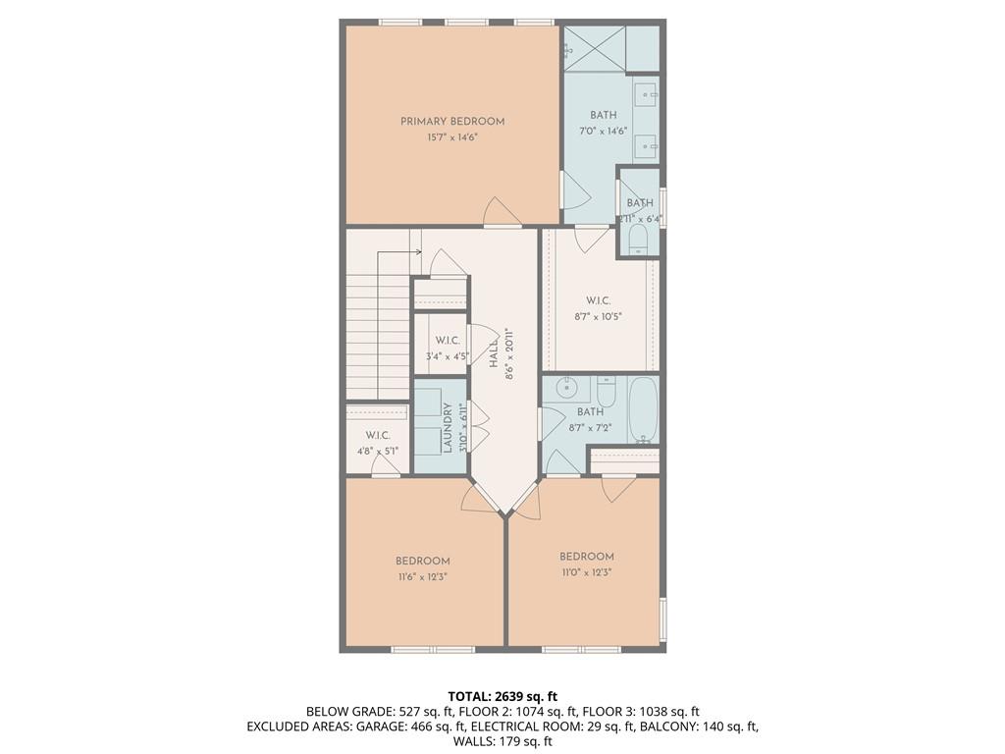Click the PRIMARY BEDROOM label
[452, 121]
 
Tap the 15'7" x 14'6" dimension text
[452, 137]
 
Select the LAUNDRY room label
[448, 428]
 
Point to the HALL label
[495, 353]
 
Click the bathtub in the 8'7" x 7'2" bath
[643, 409]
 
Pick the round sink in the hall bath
[566, 387]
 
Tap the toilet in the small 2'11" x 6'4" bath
[639, 242]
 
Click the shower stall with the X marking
[594, 49]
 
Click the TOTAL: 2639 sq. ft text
[502, 696]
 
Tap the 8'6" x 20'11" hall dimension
[510, 353]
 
